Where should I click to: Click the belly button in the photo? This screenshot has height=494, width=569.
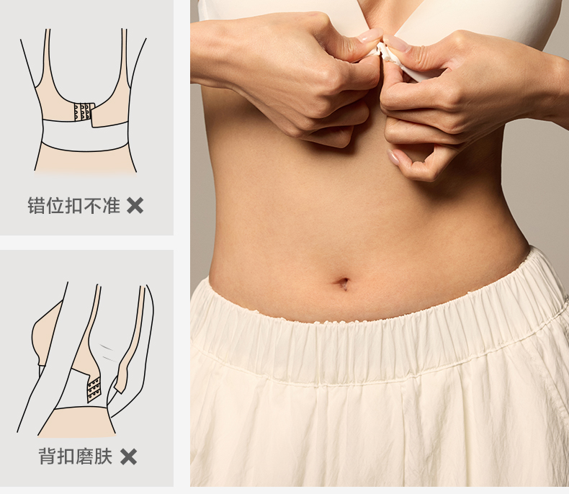[343, 283]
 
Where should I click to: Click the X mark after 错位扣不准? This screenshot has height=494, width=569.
[135, 206]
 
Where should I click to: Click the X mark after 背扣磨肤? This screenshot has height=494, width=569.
[128, 457]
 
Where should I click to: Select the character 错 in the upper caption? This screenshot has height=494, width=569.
[37, 206]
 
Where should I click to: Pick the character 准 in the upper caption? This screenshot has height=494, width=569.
[111, 206]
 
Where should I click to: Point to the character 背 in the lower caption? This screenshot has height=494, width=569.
[48, 457]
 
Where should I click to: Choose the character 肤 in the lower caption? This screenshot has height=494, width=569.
[103, 457]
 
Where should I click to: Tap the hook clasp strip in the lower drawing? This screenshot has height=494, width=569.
[94, 389]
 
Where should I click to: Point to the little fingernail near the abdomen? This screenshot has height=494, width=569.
[393, 157]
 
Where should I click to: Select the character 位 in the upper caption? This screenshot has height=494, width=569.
[55, 206]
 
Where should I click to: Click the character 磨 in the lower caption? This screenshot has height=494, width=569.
[84, 457]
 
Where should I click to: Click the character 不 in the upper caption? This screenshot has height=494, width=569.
[92, 206]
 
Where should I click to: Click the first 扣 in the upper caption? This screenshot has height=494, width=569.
[74, 206]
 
